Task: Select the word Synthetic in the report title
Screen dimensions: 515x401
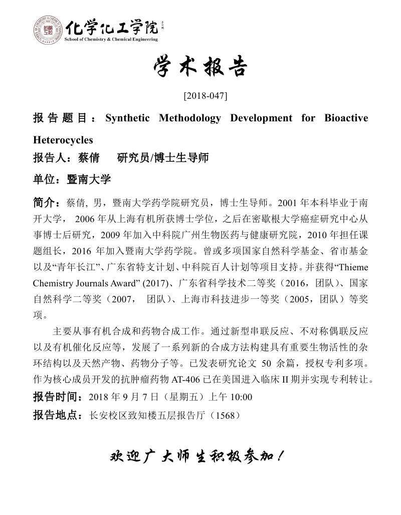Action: (127, 118)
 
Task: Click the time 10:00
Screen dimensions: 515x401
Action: (243, 397)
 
